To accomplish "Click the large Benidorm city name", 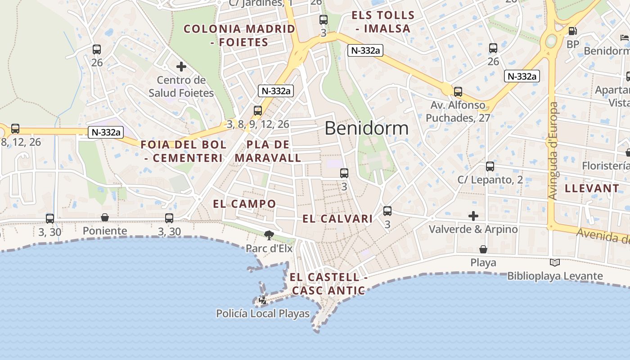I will (366, 129).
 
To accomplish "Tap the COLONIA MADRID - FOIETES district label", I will (239, 36).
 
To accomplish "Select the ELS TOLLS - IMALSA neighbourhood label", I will (383, 22).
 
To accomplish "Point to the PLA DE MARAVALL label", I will (268, 151).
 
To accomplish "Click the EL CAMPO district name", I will (244, 204).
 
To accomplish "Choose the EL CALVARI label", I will (337, 219).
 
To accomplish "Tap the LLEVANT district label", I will (592, 189).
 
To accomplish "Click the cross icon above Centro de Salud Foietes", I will (181, 67).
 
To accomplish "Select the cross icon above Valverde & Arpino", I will (473, 216).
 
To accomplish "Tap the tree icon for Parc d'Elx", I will (269, 235).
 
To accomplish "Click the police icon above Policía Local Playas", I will (263, 300).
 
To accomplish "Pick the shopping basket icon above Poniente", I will (105, 218).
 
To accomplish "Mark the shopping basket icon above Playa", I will (483, 249).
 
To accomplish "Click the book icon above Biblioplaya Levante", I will (555, 262).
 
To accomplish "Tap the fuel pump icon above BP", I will (572, 31).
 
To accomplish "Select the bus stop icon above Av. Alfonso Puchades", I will (458, 92).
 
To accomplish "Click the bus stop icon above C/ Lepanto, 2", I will (490, 166).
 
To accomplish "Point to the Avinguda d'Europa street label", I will (553, 151).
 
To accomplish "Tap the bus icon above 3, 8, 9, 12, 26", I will (258, 110).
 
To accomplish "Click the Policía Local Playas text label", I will (263, 314).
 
